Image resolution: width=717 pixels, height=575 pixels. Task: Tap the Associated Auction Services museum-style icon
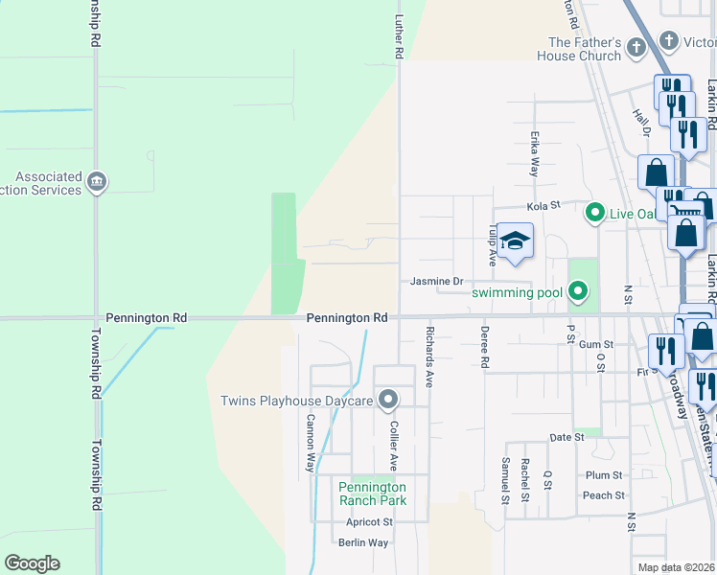point(96,181)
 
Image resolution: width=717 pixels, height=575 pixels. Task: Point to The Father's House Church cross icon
point(636,47)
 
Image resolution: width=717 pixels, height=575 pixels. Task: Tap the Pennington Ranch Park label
point(372,493)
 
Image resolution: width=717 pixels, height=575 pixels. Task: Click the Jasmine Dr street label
point(436,281)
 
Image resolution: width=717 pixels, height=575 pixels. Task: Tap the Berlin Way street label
point(363,542)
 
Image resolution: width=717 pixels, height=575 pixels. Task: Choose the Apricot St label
point(369,522)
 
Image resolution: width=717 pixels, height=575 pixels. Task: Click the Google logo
point(32,563)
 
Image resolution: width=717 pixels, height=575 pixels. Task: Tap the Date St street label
point(567,437)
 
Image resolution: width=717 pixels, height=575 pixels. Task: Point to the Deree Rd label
point(484,348)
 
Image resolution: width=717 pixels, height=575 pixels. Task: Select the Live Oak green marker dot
point(594,212)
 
